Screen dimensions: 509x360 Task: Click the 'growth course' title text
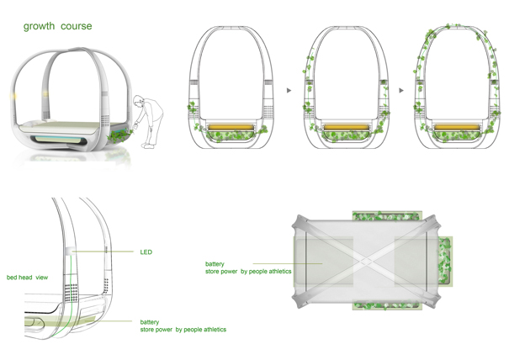point(58,26)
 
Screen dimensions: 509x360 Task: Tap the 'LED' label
point(146,251)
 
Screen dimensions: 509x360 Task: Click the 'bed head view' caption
point(27,278)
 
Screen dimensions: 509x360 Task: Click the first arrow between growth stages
point(289,90)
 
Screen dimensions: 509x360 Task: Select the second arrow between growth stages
point(401,90)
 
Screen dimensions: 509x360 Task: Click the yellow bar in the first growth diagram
point(231,127)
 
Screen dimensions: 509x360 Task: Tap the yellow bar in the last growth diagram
point(457,127)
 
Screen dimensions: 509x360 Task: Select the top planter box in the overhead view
point(387,216)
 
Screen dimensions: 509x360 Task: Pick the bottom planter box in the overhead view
point(387,305)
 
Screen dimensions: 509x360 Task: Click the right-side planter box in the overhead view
point(445,261)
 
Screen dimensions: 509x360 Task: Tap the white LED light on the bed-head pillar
point(70,251)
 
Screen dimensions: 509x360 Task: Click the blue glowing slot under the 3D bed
point(59,140)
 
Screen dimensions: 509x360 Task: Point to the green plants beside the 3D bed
point(119,135)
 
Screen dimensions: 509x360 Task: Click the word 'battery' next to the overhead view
point(215,264)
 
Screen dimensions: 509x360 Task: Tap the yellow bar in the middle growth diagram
point(347,127)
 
